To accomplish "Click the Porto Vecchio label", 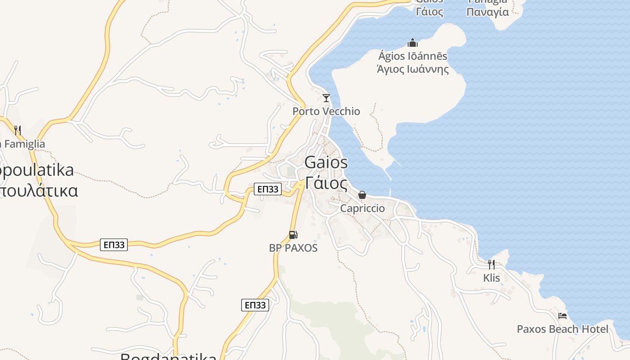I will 326,111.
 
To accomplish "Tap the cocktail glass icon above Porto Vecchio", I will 326,98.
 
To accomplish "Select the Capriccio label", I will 362,208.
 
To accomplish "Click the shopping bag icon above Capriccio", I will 362,195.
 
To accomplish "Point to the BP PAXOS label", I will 293,248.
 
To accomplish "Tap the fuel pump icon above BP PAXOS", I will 293,234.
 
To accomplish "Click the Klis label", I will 491,278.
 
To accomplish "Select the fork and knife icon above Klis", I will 491,264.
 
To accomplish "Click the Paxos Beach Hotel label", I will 562,329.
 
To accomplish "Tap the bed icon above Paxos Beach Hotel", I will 562,315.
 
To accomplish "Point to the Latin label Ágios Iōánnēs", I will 413,56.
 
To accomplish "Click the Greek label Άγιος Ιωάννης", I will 413,69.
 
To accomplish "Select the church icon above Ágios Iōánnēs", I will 413,43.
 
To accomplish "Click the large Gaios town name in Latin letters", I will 326,162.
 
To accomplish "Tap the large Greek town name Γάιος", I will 326,183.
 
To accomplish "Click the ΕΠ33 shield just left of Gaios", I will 268,189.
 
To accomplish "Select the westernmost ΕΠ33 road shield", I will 114,245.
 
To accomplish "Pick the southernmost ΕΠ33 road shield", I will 255,305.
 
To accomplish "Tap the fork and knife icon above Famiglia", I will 18,130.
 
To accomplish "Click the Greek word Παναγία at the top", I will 488,12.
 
